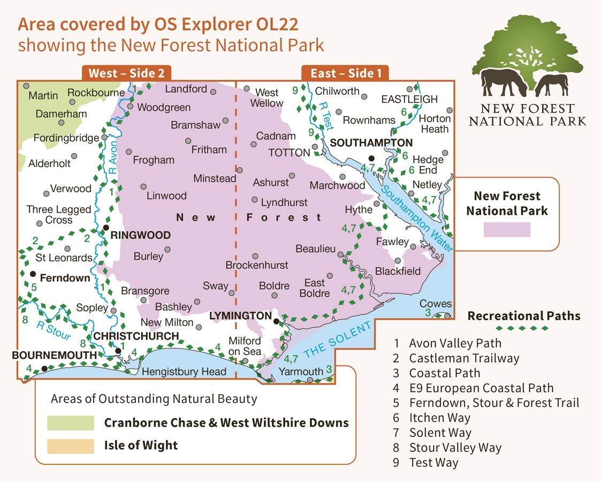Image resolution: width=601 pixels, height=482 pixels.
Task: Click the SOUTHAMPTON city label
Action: pyautogui.click(x=371, y=143)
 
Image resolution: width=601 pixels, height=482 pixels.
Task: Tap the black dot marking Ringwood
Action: pyautogui.click(x=106, y=229)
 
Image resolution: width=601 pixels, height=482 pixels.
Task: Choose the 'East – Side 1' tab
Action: pyautogui.click(x=345, y=73)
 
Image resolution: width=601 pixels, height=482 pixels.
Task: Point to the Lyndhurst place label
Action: pyautogui.click(x=284, y=202)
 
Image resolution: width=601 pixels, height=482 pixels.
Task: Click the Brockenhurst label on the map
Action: pyautogui.click(x=256, y=265)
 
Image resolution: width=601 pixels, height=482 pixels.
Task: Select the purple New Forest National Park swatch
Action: pyautogui.click(x=506, y=230)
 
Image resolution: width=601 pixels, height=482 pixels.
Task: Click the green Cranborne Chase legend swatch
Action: pyautogui.click(x=70, y=423)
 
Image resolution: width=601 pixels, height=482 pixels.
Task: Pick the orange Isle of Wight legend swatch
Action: pyautogui.click(x=70, y=446)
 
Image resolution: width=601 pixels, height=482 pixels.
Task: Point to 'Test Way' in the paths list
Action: pyautogui.click(x=433, y=463)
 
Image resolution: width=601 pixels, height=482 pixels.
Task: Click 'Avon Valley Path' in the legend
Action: pyautogui.click(x=455, y=343)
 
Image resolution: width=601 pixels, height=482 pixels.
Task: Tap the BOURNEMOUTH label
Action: pyautogui.click(x=54, y=355)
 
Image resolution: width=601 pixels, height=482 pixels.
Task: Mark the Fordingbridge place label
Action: pyautogui.click(x=66, y=138)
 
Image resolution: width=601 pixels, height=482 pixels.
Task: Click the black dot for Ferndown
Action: pyautogui.click(x=33, y=274)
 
